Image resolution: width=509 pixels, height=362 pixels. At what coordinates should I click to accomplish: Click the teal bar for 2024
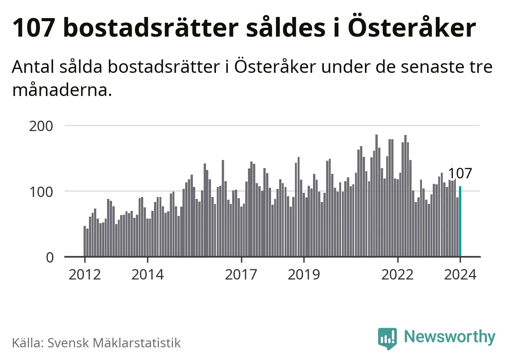pyautogui.click(x=460, y=222)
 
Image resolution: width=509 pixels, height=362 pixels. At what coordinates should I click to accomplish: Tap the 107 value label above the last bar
pyautogui.click(x=460, y=173)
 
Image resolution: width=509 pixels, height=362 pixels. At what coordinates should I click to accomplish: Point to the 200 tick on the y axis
pyautogui.click(x=41, y=126)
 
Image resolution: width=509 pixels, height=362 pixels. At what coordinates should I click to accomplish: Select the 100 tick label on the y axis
pyautogui.click(x=41, y=192)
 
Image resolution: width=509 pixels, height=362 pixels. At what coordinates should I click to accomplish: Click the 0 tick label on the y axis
pyautogui.click(x=50, y=257)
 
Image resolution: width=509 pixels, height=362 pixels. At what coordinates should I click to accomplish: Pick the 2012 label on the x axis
pyautogui.click(x=84, y=275)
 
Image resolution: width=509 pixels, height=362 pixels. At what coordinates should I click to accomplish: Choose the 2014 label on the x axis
pyautogui.click(x=147, y=275)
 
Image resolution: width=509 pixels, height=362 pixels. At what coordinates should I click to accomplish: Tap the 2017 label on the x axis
pyautogui.click(x=241, y=275)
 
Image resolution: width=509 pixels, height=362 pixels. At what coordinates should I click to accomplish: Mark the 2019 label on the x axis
pyautogui.click(x=304, y=275)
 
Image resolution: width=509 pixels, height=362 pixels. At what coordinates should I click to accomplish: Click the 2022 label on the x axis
pyautogui.click(x=397, y=275)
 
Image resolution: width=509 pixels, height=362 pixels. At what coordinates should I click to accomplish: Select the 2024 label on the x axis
pyautogui.click(x=460, y=275)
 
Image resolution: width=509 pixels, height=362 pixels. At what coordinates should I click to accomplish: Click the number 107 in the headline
pyautogui.click(x=33, y=28)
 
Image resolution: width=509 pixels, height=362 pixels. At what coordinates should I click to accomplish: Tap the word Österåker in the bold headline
pyautogui.click(x=412, y=28)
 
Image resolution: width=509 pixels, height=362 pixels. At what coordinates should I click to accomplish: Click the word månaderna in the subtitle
pyautogui.click(x=62, y=90)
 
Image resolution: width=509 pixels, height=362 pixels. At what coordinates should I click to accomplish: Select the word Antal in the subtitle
pyautogui.click(x=33, y=67)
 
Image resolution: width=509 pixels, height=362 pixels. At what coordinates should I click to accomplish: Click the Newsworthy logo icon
pyautogui.click(x=387, y=338)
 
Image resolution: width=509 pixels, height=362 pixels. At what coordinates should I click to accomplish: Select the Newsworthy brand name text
pyautogui.click(x=449, y=337)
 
